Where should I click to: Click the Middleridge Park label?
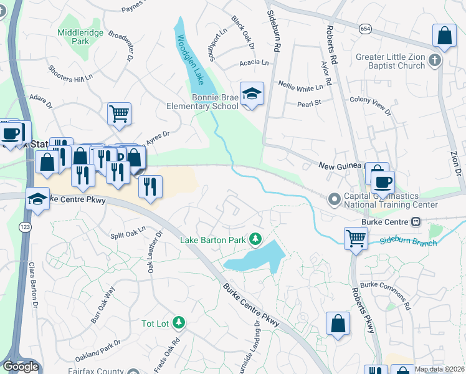pyautogui.click(x=73, y=36)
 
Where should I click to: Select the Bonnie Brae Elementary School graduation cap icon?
pyautogui.click(x=252, y=94)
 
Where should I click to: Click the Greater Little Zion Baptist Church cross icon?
pyautogui.click(x=435, y=61)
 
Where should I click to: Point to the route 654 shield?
pyautogui.click(x=365, y=29)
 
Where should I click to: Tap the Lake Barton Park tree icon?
pyautogui.click(x=255, y=239)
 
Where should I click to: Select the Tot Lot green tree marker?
pyautogui.click(x=179, y=322)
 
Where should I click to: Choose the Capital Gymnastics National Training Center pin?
pyautogui.click(x=335, y=199)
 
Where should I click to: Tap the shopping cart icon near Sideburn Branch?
pyautogui.click(x=356, y=237)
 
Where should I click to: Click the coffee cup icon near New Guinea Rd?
pyautogui.click(x=383, y=181)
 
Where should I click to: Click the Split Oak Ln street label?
pyautogui.click(x=128, y=231)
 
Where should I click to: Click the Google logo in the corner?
pyautogui.click(x=21, y=367)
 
